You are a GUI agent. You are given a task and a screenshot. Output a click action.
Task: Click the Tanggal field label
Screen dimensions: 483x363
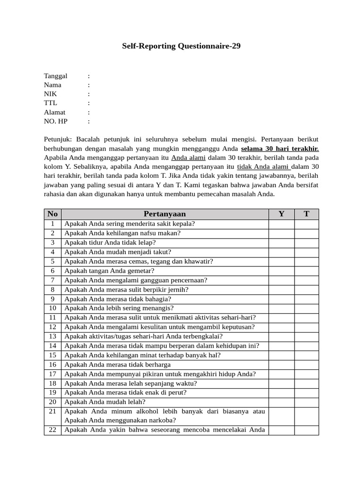coord(56,76)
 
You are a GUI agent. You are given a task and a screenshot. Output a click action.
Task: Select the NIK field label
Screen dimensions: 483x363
coord(51,94)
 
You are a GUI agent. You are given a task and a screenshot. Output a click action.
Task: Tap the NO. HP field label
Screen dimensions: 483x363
coord(56,121)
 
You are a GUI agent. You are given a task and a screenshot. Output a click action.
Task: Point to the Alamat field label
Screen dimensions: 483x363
coord(55,112)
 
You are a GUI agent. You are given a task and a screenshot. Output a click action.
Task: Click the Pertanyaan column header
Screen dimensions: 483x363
coord(164,214)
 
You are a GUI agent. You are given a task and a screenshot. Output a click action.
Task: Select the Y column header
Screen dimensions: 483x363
coord(281,214)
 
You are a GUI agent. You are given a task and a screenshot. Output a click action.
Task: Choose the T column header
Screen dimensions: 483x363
coord(306,214)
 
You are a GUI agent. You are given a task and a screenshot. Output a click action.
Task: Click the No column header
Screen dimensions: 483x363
coord(52,214)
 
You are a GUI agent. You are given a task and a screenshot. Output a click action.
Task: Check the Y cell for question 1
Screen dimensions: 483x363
coord(281,224)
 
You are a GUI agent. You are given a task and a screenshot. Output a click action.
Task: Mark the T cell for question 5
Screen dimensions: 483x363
coord(306,261)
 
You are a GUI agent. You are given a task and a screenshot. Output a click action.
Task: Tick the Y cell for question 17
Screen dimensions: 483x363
coord(281,374)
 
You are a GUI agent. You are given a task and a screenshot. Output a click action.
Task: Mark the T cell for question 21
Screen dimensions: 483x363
coord(306,416)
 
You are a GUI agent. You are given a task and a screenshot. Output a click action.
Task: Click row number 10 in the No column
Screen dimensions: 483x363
coord(52,308)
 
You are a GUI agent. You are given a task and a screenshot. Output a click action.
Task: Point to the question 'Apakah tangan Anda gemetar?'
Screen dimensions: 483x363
coord(109,271)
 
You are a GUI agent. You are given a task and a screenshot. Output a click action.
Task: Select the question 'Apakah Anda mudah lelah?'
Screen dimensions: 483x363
coord(105,402)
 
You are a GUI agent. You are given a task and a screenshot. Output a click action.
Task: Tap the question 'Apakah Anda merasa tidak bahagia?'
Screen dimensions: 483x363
coord(118,299)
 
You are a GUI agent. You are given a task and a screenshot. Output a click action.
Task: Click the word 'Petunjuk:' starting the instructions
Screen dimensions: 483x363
coord(58,139)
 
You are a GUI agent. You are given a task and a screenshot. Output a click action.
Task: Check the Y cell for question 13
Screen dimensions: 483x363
coord(281,336)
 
